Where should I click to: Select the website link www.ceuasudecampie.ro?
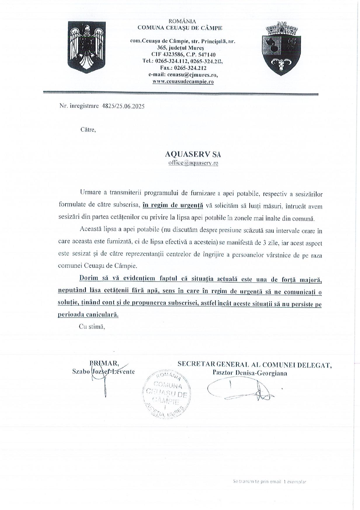(x=183, y=82)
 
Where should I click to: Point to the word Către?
(x=88, y=129)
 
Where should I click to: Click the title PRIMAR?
(x=104, y=363)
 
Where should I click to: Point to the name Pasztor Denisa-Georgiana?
(x=250, y=373)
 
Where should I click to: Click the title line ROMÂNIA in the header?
(x=182, y=21)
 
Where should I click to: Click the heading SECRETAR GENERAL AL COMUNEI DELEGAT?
(x=255, y=364)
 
